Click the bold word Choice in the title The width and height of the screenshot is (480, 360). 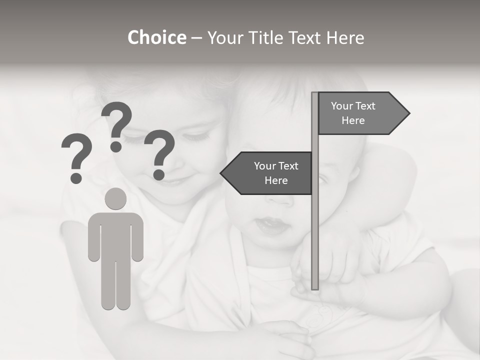pos(156,37)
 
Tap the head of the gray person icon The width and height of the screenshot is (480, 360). pos(115,199)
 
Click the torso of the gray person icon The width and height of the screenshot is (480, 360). pos(115,235)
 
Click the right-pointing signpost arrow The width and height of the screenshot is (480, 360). pos(360,113)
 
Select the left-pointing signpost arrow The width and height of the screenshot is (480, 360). pos(267,173)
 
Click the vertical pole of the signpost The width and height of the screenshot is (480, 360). pos(315,225)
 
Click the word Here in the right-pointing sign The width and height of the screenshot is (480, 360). pos(353,120)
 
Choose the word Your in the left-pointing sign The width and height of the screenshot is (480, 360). pos(265,166)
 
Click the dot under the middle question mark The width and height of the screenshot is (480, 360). pos(116,146)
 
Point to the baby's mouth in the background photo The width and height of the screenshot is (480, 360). pos(271,226)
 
